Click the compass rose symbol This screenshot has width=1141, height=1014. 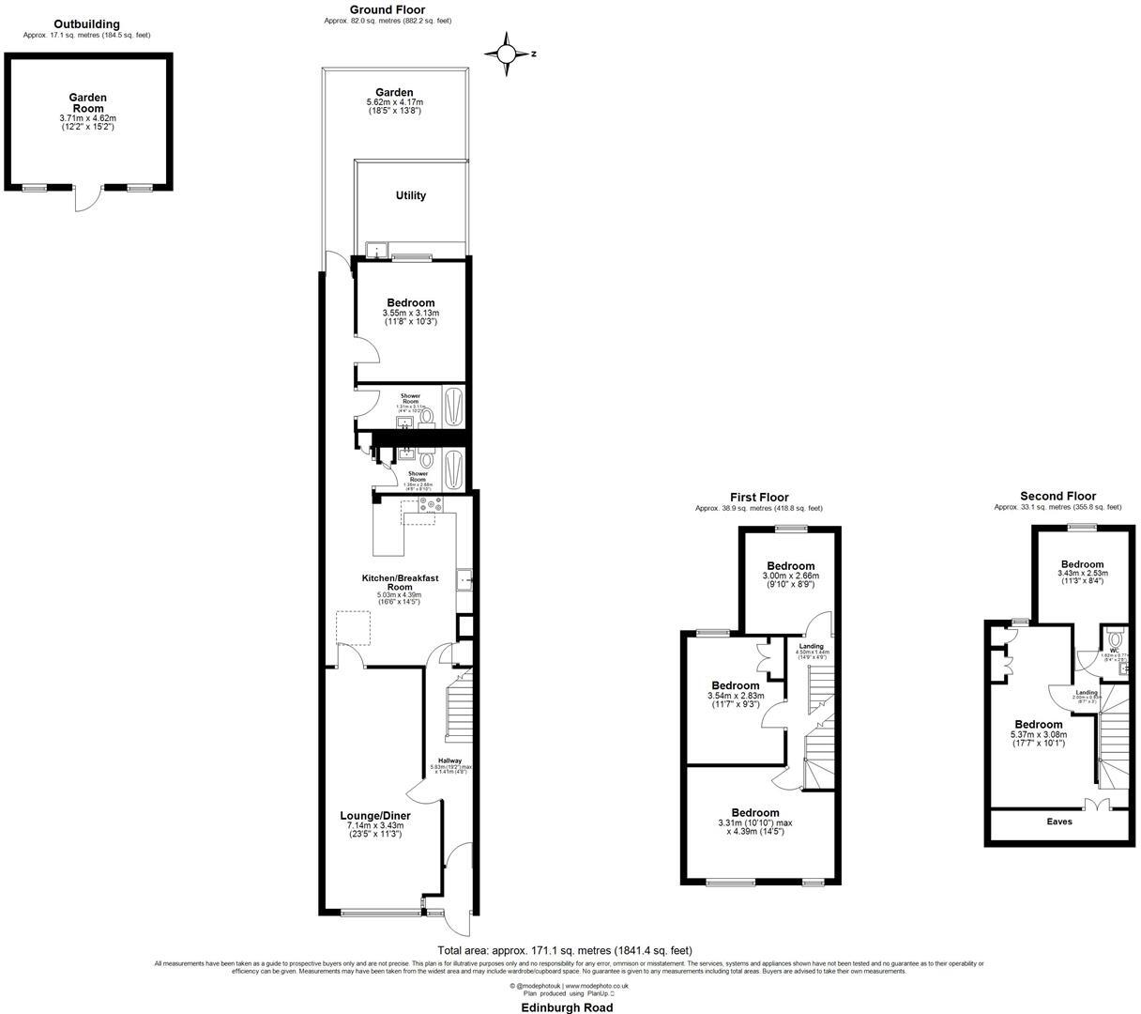[x=508, y=54]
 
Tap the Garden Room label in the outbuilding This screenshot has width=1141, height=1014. [x=87, y=103]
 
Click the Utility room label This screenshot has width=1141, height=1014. [x=410, y=196]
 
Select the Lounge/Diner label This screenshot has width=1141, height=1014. [x=374, y=816]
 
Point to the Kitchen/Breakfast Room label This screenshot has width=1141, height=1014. [x=400, y=582]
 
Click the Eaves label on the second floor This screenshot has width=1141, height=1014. [x=1058, y=822]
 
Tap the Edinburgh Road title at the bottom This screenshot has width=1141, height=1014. [x=568, y=1007]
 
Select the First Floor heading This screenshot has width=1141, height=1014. [x=759, y=498]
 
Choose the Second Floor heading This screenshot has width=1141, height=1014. [x=1057, y=497]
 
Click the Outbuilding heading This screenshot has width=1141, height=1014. [x=86, y=24]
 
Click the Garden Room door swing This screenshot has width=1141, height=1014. [x=86, y=200]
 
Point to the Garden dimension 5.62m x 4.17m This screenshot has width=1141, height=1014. [x=394, y=102]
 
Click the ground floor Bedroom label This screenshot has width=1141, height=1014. [x=410, y=302]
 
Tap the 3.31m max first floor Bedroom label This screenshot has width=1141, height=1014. [x=755, y=812]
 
